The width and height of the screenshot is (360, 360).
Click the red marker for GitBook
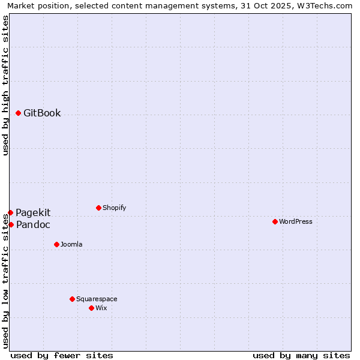click(19, 113)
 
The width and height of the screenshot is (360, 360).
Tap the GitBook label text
click(42, 113)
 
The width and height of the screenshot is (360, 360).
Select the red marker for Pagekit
click(10, 212)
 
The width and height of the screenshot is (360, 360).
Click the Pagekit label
click(33, 212)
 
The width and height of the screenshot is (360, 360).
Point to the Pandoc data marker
click(11, 224)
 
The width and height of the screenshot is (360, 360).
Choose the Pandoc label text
click(33, 225)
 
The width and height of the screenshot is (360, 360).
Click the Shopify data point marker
click(98, 208)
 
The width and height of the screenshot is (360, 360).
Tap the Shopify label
click(114, 208)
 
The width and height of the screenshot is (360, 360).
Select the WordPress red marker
click(275, 221)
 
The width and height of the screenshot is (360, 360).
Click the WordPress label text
click(295, 222)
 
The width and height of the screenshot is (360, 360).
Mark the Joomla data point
click(56, 244)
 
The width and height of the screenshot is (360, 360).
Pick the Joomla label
click(71, 245)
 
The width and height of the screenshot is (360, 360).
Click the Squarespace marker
click(72, 299)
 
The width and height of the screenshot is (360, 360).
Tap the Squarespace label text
click(97, 299)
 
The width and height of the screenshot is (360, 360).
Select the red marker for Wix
click(91, 308)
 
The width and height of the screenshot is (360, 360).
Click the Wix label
click(101, 308)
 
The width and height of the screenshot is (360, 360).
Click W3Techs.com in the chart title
click(323, 5)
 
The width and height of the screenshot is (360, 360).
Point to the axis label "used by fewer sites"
click(62, 355)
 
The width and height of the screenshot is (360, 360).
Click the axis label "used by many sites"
click(301, 355)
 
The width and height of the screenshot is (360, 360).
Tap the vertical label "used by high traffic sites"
click(5, 86)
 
